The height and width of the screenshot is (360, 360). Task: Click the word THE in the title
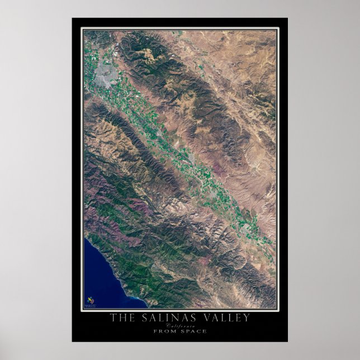pyautogui.click(x=120, y=318)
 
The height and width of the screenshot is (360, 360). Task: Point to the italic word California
pyautogui.click(x=180, y=326)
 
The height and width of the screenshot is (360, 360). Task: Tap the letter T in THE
pyautogui.click(x=113, y=318)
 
